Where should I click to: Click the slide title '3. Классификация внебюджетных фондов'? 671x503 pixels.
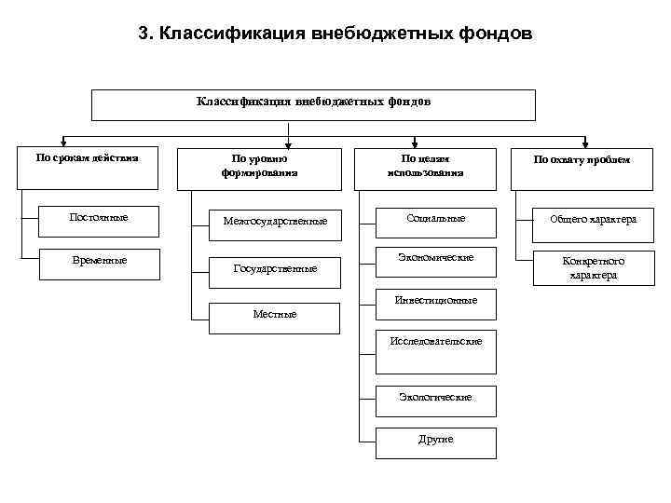pos(335,34)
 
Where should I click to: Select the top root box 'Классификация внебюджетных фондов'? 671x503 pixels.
pos(313,104)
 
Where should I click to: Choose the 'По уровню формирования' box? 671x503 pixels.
pos(260,165)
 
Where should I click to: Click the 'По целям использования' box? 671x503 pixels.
pos(425,165)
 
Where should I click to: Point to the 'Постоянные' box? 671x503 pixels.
pos(99,220)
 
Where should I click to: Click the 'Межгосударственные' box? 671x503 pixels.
pos(274,222)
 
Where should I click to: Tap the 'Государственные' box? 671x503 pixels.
pos(274,268)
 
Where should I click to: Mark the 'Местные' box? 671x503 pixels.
pos(274,315)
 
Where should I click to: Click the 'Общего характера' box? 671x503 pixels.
pos(593,220)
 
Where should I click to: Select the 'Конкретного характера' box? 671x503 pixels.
pos(593,268)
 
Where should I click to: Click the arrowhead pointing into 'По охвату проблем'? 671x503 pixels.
pos(585,143)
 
